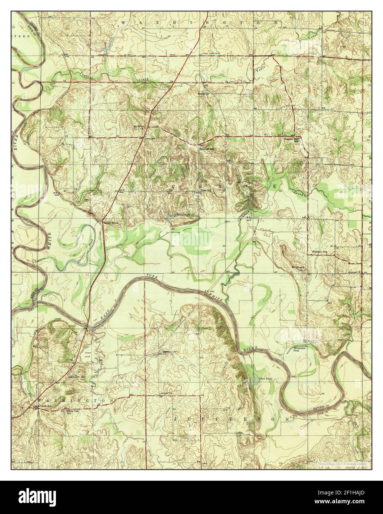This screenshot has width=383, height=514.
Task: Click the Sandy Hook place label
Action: [x=110, y=223]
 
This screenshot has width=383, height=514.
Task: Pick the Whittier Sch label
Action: [x=320, y=252]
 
